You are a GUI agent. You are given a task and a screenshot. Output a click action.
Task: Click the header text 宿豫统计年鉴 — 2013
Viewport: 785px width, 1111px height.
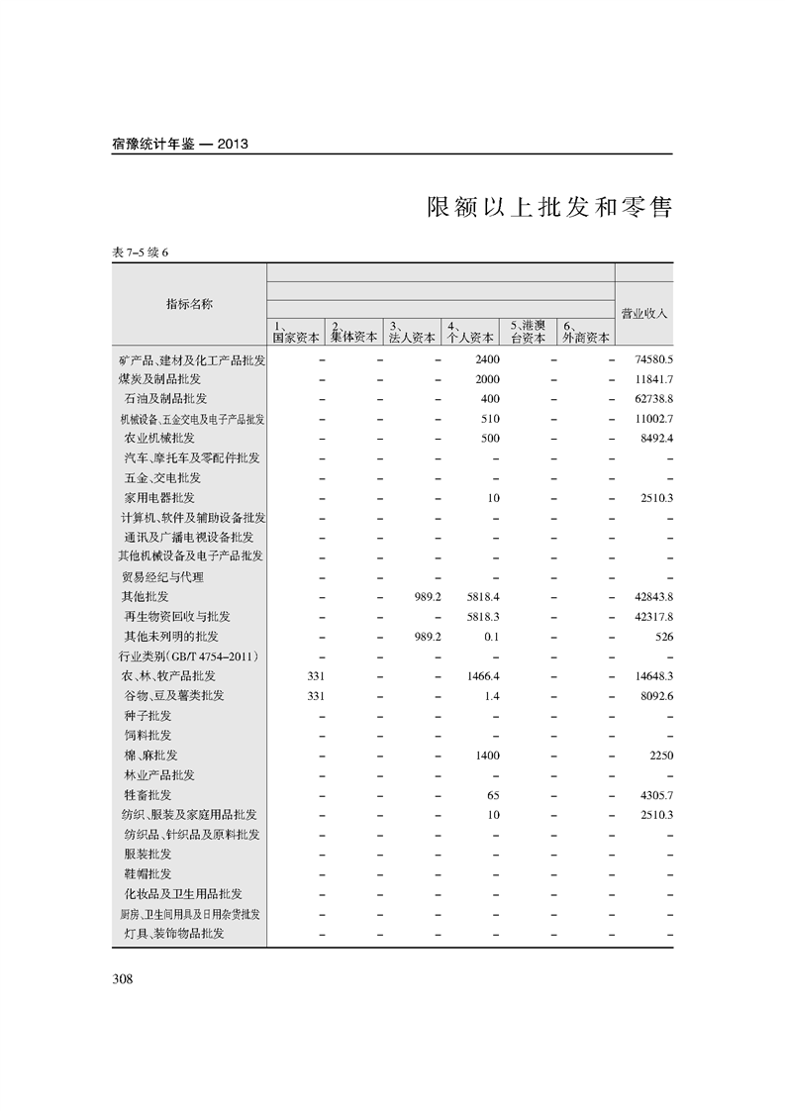179,144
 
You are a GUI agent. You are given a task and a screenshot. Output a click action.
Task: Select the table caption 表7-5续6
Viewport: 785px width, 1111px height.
142,252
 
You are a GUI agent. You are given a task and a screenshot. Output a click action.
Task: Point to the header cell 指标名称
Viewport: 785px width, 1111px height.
189,304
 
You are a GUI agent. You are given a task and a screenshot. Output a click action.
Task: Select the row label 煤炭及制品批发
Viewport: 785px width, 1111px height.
159,378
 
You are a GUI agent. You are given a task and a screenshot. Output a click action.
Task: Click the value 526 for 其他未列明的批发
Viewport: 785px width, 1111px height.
663,637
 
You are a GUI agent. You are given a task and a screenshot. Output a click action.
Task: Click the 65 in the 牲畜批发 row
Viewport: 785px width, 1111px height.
493,795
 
